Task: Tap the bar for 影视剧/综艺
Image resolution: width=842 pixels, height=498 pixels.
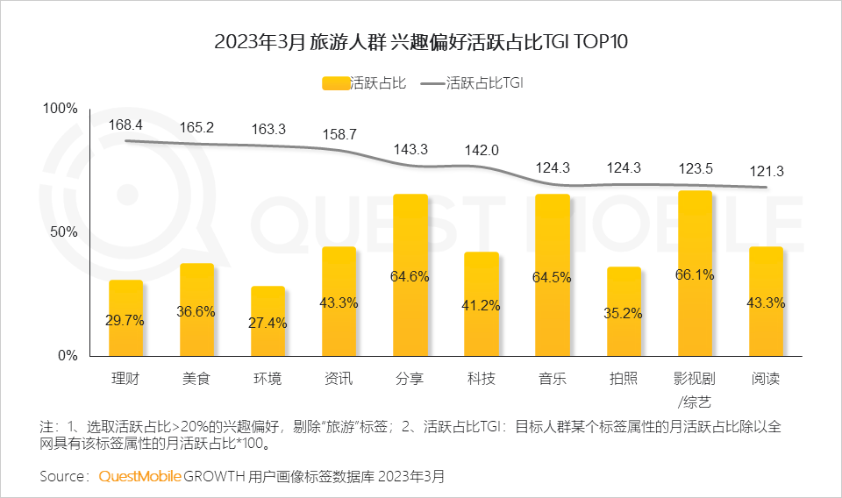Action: (695, 273)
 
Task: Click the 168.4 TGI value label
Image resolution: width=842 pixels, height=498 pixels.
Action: (126, 125)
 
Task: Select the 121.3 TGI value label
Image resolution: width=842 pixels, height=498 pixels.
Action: (765, 171)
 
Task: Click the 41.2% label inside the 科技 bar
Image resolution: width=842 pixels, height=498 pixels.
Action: (482, 306)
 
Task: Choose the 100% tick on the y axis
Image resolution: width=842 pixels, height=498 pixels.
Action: (61, 109)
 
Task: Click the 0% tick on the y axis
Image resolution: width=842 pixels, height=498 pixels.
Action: (68, 356)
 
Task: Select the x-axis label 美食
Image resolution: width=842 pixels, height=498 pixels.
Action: (197, 380)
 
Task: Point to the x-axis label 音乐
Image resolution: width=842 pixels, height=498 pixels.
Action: (553, 380)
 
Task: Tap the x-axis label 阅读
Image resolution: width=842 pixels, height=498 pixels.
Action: (766, 380)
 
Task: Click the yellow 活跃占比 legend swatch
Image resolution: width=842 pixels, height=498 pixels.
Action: (336, 84)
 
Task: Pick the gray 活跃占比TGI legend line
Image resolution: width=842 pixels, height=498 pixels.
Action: (433, 84)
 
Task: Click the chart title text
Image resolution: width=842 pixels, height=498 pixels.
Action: (421, 42)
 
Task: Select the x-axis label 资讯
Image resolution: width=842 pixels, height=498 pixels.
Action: (339, 380)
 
